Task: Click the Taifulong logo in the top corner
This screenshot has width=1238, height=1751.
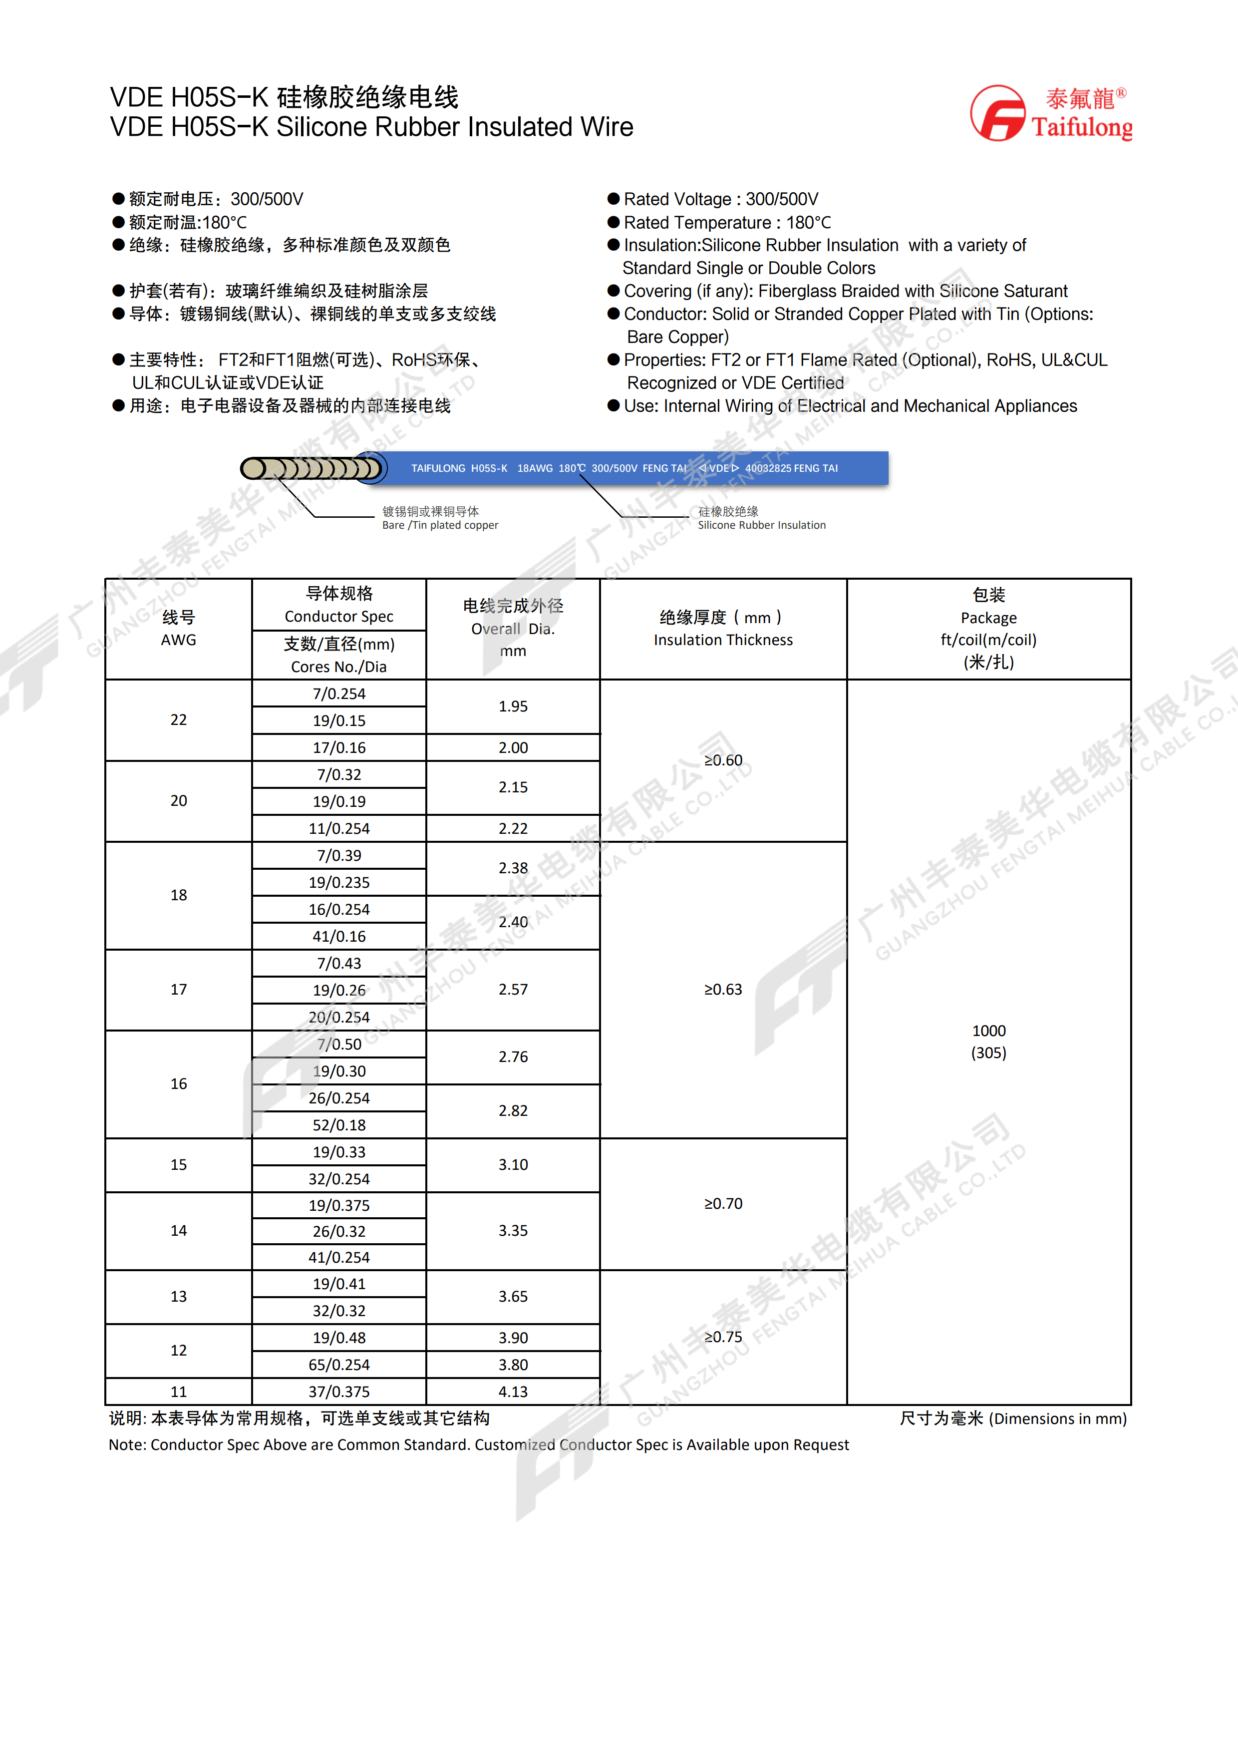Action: [x=1050, y=113]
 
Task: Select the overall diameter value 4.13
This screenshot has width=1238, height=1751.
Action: [x=513, y=1392]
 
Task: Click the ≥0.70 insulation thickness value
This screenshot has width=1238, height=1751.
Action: [x=723, y=1203]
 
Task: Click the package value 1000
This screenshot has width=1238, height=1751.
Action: [x=989, y=1031]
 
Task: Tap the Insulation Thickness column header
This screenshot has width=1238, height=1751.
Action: [x=723, y=640]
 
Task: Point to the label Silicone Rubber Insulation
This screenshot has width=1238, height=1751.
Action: [x=762, y=525]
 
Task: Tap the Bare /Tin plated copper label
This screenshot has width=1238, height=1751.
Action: [x=440, y=525]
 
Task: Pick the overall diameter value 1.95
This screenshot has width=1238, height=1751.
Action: [x=513, y=706]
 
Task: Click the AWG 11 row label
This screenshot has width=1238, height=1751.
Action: [x=178, y=1392]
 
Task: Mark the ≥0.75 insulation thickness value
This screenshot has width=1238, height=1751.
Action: [x=723, y=1337]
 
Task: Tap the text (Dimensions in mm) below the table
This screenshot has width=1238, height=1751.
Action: [x=1057, y=1418]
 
